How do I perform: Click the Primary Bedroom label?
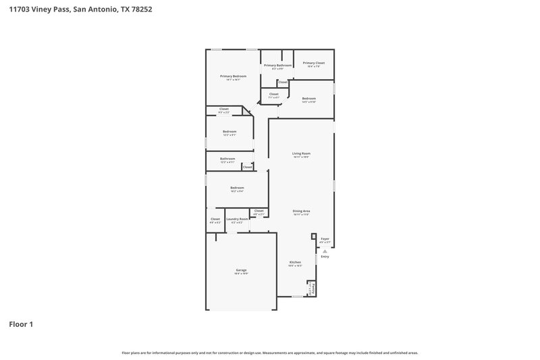[233, 76]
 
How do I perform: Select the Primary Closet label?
[313, 63]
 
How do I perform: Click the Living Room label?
[301, 153]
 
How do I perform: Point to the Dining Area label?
[301, 211]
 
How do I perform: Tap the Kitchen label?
[295, 262]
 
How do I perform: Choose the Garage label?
[241, 270]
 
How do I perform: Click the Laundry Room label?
[237, 219]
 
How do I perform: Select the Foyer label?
[325, 238]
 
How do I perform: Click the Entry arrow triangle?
[325, 251]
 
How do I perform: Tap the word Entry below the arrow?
[325, 257]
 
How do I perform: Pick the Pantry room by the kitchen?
[311, 289]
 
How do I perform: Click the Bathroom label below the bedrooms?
[227, 159]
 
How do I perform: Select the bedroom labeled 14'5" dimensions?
[309, 99]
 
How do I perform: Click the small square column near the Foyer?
[313, 236]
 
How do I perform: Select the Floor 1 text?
[21, 324]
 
